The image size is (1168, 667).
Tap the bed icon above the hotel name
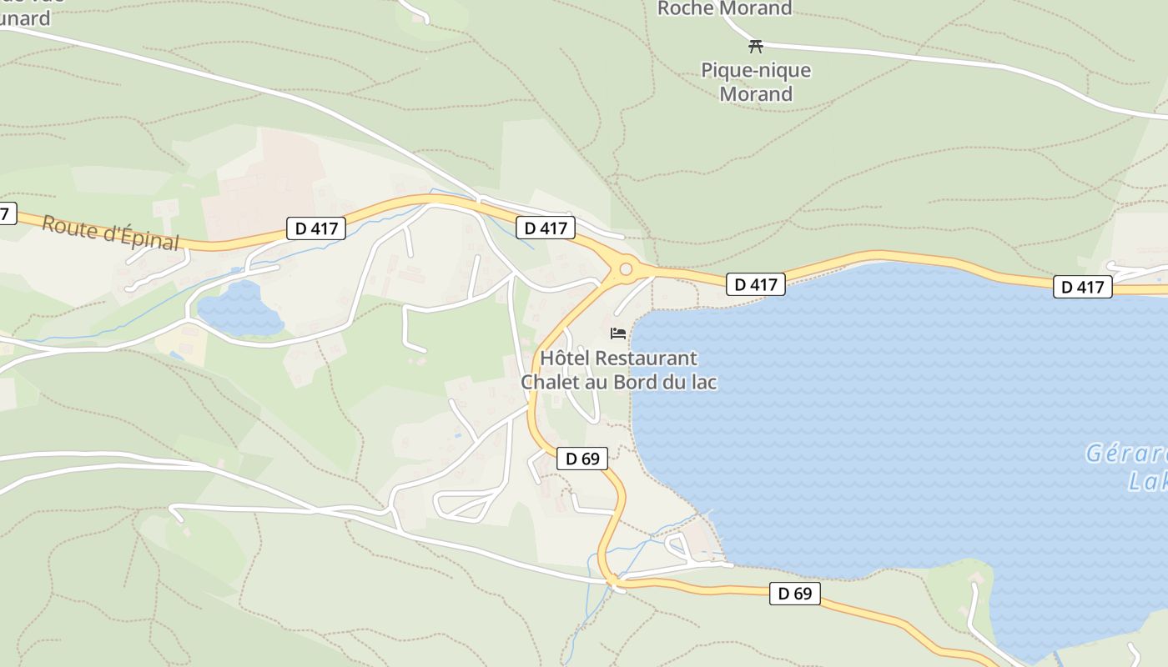coord(618,333)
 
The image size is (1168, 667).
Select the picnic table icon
coord(756,46)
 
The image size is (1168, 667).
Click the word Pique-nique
coord(756,70)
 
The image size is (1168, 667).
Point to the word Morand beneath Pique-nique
coord(756,94)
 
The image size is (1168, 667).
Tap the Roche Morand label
coord(724,8)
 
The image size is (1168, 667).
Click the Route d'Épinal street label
coord(110,233)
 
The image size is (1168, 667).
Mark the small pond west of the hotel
coord(239,309)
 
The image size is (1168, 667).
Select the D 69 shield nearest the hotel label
coord(582,458)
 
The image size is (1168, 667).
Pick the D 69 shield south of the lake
coord(794,594)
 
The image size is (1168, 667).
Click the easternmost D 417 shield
coord(1083,287)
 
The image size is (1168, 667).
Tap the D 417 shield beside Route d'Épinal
coord(316,228)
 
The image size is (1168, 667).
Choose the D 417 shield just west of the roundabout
coord(546,228)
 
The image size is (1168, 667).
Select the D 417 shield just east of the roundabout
coord(756,284)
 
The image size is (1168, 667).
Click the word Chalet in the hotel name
coord(549,383)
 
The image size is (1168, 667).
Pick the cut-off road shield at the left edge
coord(6,213)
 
